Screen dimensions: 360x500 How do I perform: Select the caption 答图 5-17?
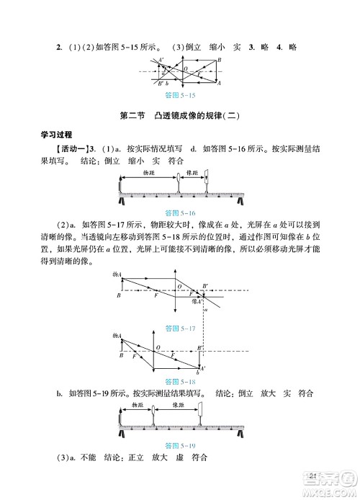(x=180, y=328)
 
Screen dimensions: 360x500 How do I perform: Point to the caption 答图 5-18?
(x=180, y=381)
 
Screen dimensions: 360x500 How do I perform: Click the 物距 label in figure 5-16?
(x=148, y=175)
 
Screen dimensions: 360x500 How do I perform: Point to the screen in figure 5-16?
(x=206, y=184)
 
